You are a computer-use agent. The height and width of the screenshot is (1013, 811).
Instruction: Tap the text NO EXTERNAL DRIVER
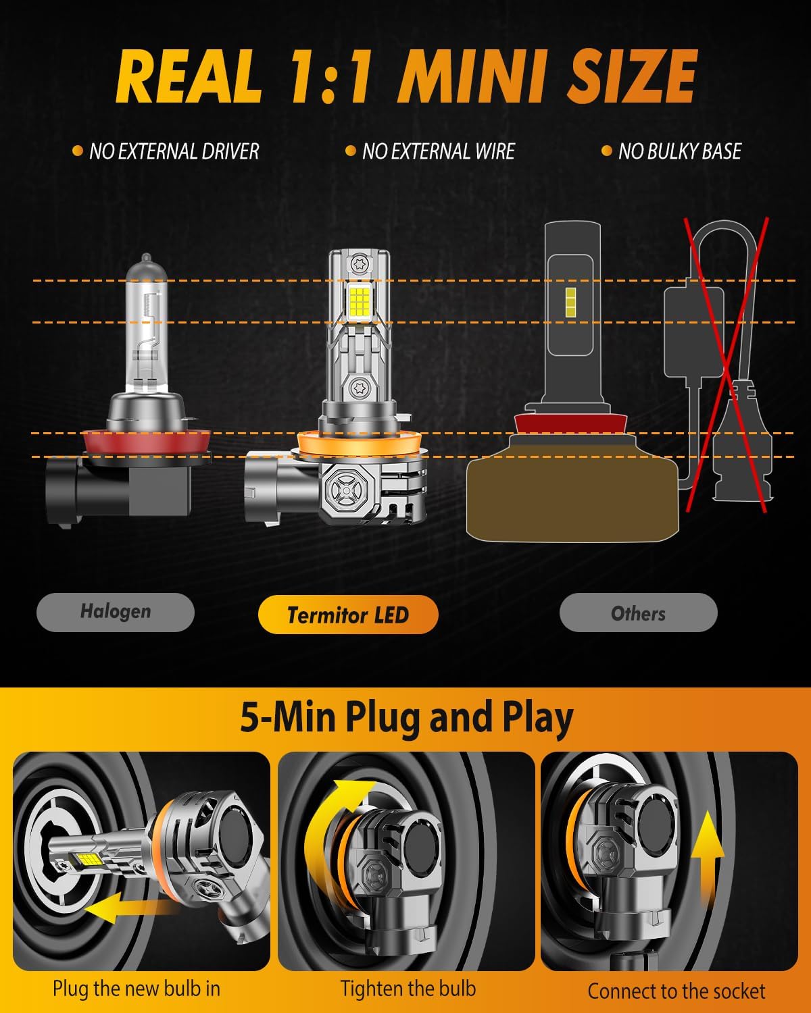(174, 151)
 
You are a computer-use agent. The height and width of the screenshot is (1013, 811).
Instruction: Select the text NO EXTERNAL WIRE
(438, 151)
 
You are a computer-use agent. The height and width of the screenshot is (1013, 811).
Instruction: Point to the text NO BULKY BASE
(679, 151)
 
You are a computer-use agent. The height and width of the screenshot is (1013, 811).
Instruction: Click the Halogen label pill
(116, 612)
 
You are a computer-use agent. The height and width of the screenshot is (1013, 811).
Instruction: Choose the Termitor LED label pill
(348, 615)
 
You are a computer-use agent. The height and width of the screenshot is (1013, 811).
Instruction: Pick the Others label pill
(638, 613)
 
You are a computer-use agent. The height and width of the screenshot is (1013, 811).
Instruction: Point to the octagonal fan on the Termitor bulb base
(345, 486)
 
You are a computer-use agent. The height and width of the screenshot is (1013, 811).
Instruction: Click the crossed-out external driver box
(693, 331)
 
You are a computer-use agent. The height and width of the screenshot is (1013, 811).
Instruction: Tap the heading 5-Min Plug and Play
(406, 717)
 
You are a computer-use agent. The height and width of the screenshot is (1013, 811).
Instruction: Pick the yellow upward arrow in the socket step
(709, 858)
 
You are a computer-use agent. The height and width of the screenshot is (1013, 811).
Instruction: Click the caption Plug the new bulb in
(137, 989)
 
